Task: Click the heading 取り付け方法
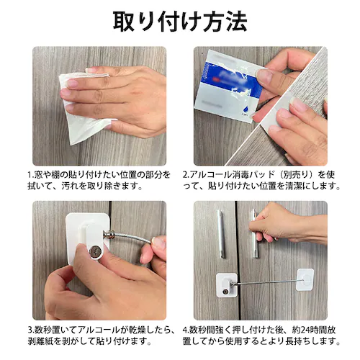click(x=179, y=21)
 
